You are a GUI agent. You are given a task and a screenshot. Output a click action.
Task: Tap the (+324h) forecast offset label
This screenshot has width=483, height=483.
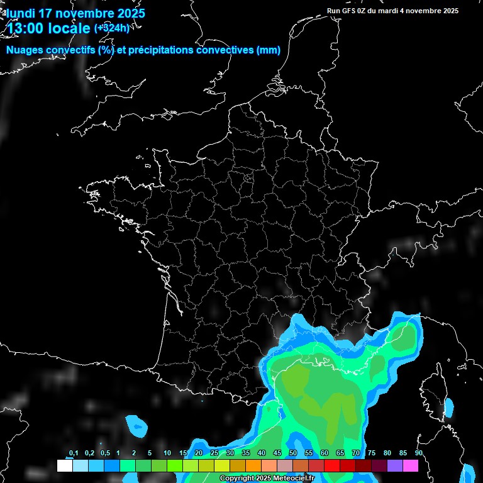112,28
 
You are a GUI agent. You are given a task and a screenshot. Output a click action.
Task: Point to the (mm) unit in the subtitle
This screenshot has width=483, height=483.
269,50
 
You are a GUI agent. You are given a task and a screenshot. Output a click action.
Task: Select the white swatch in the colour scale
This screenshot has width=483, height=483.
64,466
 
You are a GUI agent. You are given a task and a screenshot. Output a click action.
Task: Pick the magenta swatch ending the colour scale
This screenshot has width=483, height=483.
411,466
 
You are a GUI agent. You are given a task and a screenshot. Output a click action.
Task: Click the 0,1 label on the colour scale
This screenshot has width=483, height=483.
74,453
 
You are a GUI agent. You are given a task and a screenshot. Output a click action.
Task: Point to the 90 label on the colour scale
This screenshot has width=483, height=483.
419,453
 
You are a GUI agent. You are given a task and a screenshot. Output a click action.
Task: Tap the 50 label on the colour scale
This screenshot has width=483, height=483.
293,453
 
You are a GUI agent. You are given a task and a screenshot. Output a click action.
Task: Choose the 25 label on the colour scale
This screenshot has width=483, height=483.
214,453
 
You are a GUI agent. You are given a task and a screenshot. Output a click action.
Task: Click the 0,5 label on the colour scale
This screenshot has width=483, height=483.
104,453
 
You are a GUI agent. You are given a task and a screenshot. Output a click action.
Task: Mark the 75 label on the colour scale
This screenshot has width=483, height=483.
372,453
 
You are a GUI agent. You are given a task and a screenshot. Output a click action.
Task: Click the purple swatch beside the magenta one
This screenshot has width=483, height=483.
395,466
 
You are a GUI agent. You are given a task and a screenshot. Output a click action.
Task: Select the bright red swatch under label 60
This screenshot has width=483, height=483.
332,466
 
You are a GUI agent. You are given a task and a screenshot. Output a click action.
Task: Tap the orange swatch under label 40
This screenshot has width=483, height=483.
253,466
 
